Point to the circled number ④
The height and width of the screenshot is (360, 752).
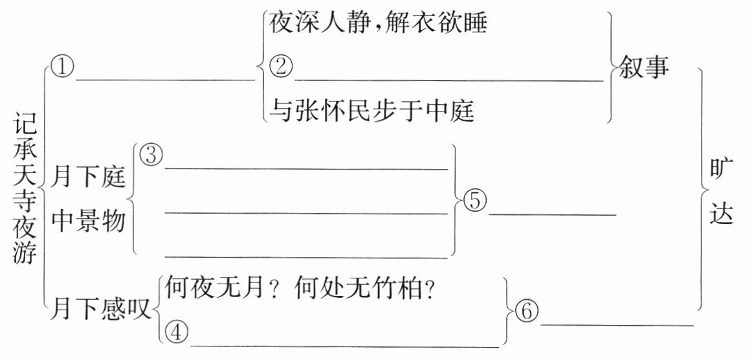(176, 332)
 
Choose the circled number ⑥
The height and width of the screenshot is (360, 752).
(525, 312)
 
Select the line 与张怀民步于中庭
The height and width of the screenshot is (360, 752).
(371, 111)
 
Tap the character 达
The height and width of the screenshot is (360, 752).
(722, 214)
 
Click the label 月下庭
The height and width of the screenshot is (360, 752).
(89, 177)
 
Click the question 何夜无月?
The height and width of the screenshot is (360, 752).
(223, 286)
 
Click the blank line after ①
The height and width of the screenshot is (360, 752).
(166, 80)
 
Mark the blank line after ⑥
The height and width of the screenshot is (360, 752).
(616, 324)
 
